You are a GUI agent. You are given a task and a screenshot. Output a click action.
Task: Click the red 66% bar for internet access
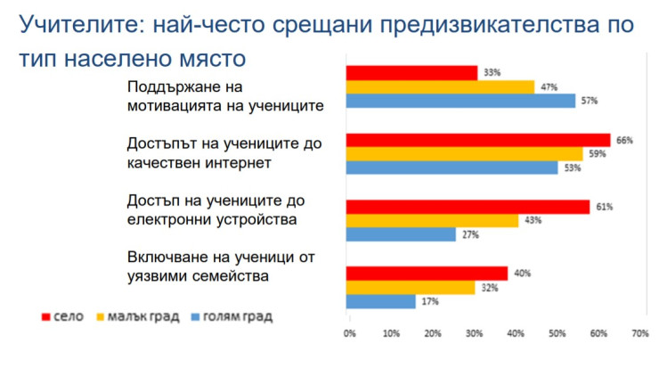pos(478,140)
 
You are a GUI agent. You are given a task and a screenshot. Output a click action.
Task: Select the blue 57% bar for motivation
pos(460,101)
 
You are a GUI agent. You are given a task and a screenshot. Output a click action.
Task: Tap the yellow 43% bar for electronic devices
pos(433,220)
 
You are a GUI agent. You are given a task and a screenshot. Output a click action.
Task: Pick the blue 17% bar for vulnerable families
pos(380,301)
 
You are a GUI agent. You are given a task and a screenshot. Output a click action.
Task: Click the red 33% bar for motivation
pos(411,72)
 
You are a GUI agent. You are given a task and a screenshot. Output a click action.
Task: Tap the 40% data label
pos(522,274)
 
